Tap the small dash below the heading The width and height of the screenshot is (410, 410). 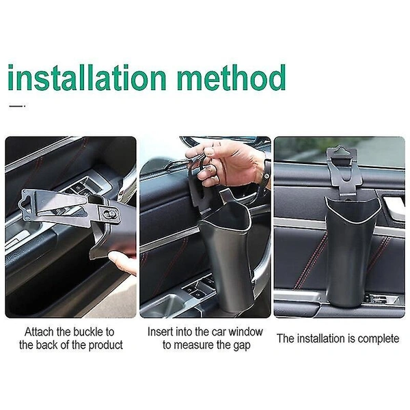click(16, 106)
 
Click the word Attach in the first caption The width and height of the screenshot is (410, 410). click(40, 331)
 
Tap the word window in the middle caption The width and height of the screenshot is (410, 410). click(248, 331)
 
